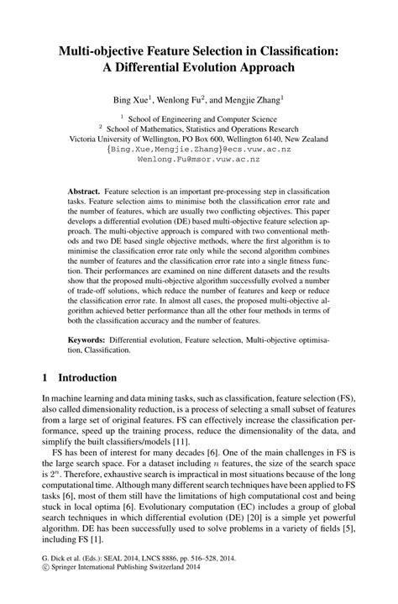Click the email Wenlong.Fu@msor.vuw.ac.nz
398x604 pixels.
coord(198,158)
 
